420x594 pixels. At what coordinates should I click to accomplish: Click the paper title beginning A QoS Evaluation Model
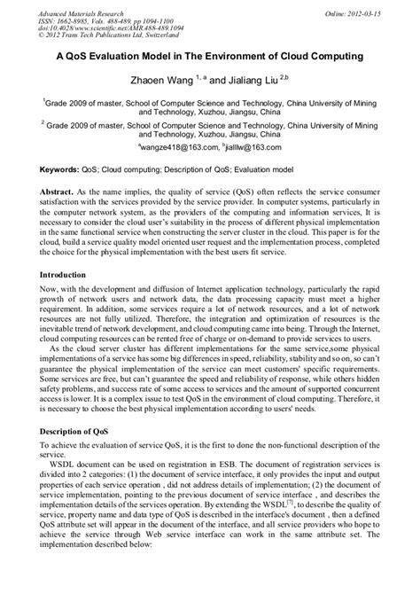[209, 57]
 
